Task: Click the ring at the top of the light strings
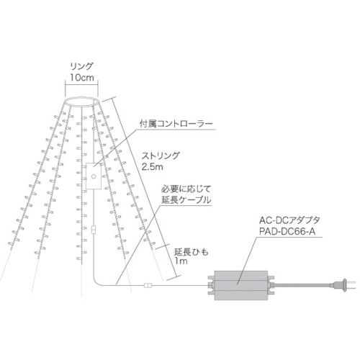tap(81, 97)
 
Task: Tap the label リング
tap(81, 66)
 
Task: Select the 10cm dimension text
tap(82, 78)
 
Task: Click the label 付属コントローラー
tap(176, 124)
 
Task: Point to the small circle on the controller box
tap(94, 176)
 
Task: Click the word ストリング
tap(161, 156)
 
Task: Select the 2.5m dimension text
tap(152, 167)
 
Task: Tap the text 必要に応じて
tap(186, 189)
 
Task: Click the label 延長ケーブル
tap(186, 200)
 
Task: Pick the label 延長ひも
tap(192, 252)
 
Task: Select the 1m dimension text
tap(181, 261)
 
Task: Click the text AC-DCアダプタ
tap(289, 220)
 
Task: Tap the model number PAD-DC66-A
tap(287, 232)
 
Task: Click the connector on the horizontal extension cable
tap(148, 286)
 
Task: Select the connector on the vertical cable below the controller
tap(94, 230)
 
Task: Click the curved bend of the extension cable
tap(96, 282)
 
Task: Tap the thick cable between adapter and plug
tap(302, 286)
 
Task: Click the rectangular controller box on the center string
tap(94, 176)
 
